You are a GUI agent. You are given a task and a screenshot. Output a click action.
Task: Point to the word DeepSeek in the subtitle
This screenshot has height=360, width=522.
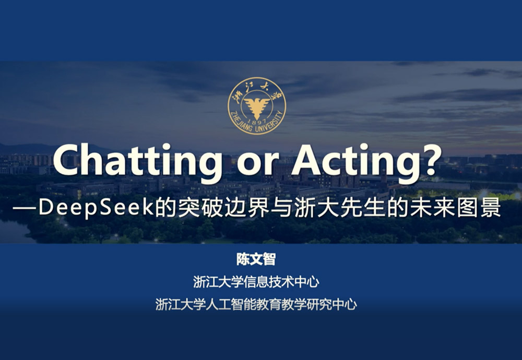96,208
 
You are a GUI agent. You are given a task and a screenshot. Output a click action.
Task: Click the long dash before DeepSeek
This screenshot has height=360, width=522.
25,208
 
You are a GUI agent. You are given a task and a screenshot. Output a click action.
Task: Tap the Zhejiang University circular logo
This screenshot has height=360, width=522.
257,106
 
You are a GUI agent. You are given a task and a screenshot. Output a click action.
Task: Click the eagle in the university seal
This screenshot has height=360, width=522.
257,103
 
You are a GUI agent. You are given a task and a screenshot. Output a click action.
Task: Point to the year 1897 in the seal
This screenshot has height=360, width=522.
257,122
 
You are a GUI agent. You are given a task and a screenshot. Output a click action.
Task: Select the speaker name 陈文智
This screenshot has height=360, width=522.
256,259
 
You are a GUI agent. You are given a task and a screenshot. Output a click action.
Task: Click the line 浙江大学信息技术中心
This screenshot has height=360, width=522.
256,282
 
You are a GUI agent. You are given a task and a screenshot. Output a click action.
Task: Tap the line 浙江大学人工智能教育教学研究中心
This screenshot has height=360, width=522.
256,305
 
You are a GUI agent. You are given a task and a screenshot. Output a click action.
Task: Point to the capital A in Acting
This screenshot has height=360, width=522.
308,160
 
